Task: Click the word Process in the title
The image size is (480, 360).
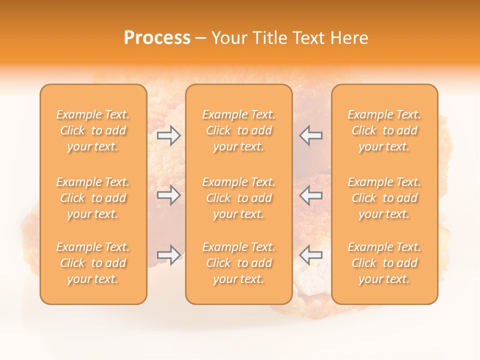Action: pos(157,38)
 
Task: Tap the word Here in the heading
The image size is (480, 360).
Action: pos(347,38)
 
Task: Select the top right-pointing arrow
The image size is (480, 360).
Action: pos(169,135)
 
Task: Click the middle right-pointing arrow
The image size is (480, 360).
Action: pos(169,195)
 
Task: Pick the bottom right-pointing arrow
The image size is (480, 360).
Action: pos(169,255)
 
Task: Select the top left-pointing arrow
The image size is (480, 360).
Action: pos(311,135)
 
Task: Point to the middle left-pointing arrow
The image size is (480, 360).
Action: pos(311,195)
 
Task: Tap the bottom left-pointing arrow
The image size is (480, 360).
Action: pos(311,255)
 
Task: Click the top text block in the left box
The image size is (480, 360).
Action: pos(93,130)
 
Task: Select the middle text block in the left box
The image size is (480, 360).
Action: pos(93,198)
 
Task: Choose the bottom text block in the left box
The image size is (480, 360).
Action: pos(93,263)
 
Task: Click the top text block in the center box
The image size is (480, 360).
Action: pos(238,130)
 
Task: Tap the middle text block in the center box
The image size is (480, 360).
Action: pos(238,198)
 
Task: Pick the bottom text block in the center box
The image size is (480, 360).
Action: pos(238,263)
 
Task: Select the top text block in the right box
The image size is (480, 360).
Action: pos(384,130)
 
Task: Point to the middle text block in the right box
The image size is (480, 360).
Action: pos(384,198)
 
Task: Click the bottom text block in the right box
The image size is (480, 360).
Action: pos(384,263)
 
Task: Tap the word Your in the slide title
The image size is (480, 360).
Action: pos(228,38)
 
